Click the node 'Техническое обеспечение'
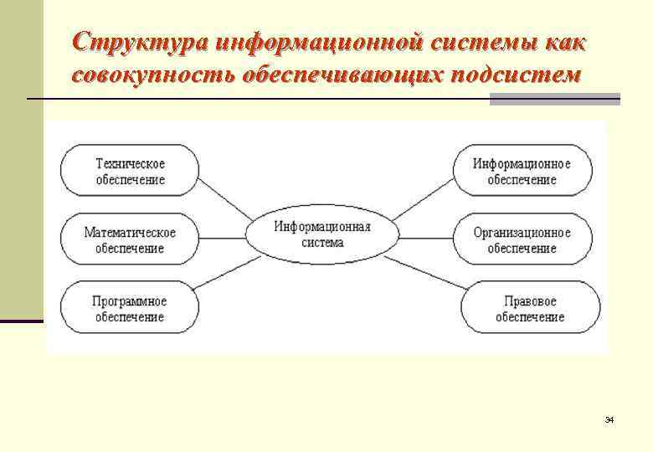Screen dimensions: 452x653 click(129, 171)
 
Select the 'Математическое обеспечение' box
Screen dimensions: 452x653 click(129, 239)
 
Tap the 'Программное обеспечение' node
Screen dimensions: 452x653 click(129, 308)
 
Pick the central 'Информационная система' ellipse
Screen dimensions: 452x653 click(321, 233)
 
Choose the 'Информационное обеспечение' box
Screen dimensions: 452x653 click(522, 171)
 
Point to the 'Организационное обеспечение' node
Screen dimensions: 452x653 click(522, 239)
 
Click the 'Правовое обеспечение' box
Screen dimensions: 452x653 click(530, 308)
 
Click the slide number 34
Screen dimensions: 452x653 click(609, 419)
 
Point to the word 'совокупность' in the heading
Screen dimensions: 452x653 click(152, 75)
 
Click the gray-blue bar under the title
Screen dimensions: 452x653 click(554, 99)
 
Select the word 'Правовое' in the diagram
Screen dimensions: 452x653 click(530, 301)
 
